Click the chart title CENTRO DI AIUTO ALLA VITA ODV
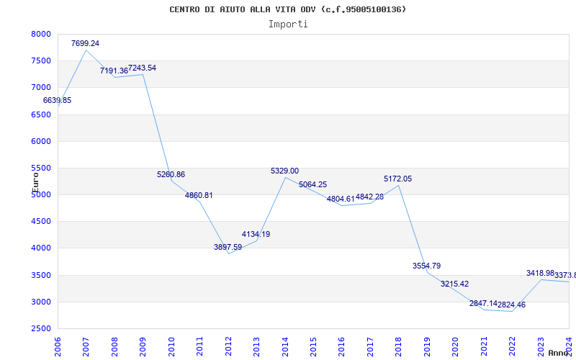pyautogui.click(x=288, y=9)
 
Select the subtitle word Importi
pyautogui.click(x=288, y=24)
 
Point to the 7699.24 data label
pyautogui.click(x=85, y=43)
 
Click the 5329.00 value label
pyautogui.click(x=284, y=171)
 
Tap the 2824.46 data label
pyautogui.click(x=508, y=305)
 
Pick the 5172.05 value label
pyautogui.click(x=397, y=179)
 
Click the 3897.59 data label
pyautogui.click(x=228, y=247)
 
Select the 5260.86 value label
pyautogui.click(x=171, y=174)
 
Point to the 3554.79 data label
pyautogui.click(x=426, y=266)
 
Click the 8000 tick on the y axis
pyautogui.click(x=41, y=34)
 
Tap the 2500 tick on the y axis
pyautogui.click(x=41, y=328)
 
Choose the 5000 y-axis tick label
pyautogui.click(x=41, y=194)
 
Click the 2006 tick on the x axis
pyautogui.click(x=58, y=346)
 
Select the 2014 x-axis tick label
pyautogui.click(x=285, y=346)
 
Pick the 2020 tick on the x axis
pyautogui.click(x=455, y=346)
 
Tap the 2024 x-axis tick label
pyautogui.click(x=568, y=346)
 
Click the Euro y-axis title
pyautogui.click(x=35, y=179)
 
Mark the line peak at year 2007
pyautogui.click(x=86, y=50)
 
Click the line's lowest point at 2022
pyautogui.click(x=512, y=311)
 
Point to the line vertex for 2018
pyautogui.click(x=399, y=185)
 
